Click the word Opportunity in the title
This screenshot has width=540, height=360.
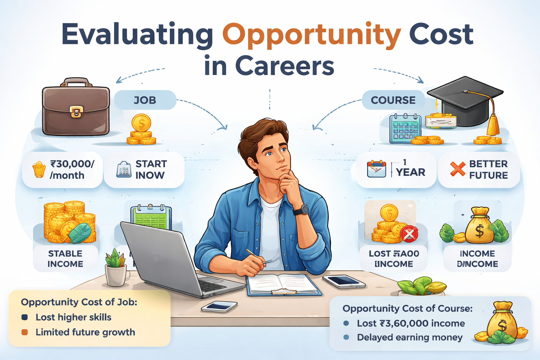tap(311, 35)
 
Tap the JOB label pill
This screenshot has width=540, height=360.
tap(145, 100)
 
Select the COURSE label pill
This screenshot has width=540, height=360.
tap(393, 100)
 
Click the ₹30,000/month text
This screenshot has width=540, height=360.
tap(72, 169)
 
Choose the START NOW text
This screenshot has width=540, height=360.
tap(151, 169)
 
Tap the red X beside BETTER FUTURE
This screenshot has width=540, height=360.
tap(457, 169)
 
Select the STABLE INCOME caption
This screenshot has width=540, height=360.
tap(65, 259)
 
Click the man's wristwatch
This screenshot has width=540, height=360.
tap(301, 210)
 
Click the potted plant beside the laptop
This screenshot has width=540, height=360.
tap(116, 267)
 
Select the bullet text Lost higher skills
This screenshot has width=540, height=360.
tap(73, 317)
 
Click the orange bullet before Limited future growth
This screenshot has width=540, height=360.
tap(25, 332)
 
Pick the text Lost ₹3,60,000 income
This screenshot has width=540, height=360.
tap(411, 323)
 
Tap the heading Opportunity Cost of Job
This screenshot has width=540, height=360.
tap(79, 302)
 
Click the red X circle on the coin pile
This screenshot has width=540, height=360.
tap(409, 233)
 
